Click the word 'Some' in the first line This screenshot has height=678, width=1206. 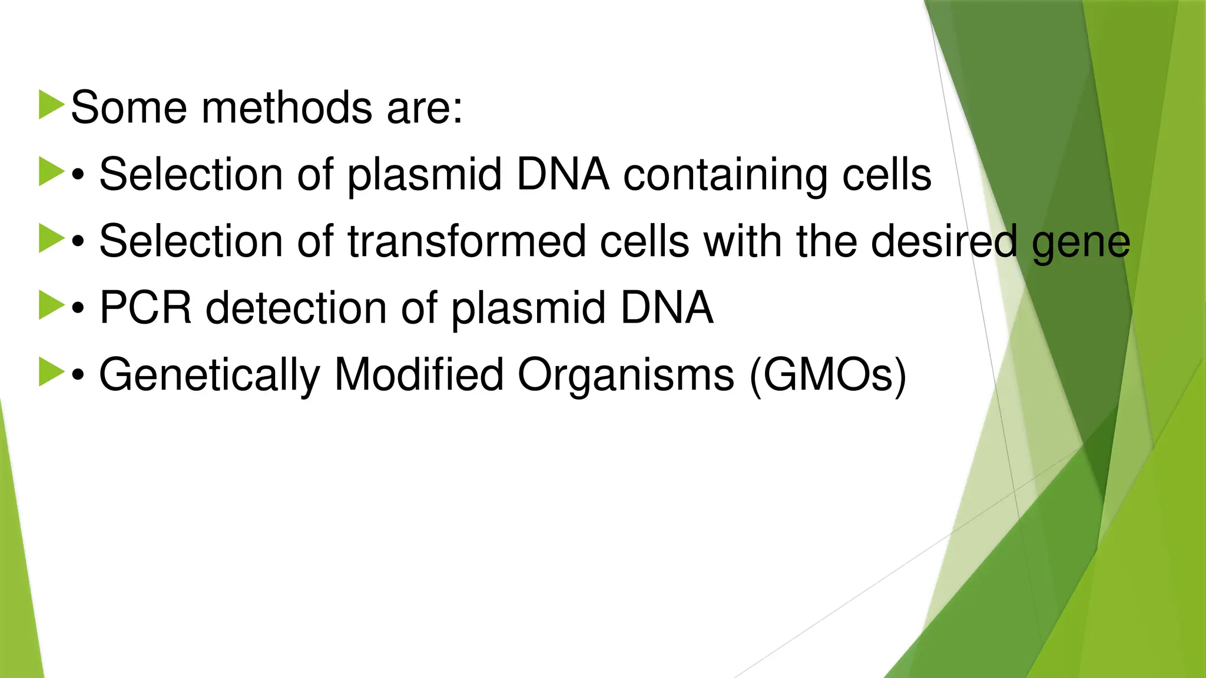(x=128, y=108)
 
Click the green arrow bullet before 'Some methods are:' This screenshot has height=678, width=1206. (x=51, y=105)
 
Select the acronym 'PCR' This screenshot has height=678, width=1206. (x=145, y=308)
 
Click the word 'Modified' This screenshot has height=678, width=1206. (x=419, y=374)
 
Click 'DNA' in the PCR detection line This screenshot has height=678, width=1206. (x=667, y=308)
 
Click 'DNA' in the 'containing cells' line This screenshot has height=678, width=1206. (x=562, y=175)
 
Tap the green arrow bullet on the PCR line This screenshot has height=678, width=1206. (x=51, y=305)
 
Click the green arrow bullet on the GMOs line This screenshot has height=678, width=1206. (x=51, y=373)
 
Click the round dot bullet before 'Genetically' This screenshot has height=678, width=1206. (x=78, y=375)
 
